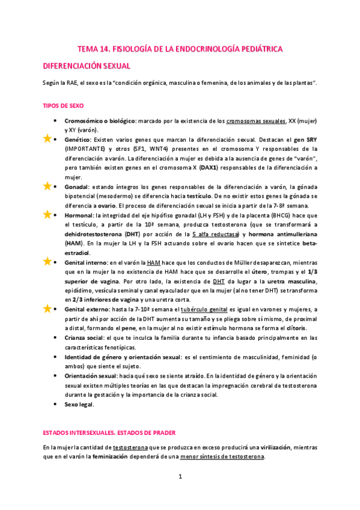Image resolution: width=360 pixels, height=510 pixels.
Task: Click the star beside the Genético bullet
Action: [x=47, y=138]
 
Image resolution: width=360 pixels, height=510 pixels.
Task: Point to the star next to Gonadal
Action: [x=47, y=186]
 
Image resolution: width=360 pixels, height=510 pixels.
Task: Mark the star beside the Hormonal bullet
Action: [x=47, y=214]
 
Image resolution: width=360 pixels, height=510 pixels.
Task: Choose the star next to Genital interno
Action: [x=47, y=262]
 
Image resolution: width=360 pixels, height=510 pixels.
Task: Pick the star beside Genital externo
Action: [x=47, y=309]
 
